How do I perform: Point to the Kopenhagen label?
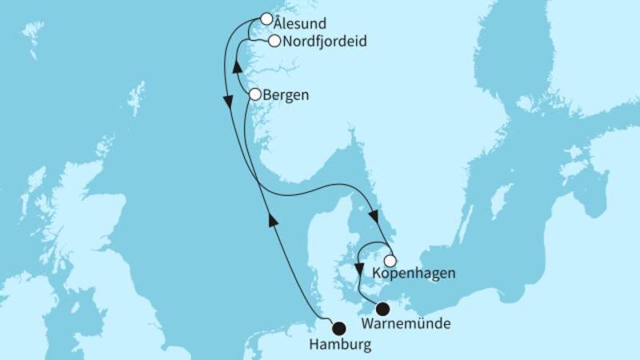point(414,274)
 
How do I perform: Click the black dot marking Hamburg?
point(338,326)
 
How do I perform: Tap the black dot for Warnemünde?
point(382,309)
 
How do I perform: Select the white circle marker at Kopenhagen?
point(390,260)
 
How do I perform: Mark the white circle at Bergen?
point(254,94)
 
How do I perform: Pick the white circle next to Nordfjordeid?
point(274,41)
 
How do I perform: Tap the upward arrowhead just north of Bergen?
point(238,70)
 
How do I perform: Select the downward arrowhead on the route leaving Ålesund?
point(228,102)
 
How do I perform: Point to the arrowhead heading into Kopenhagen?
point(374,216)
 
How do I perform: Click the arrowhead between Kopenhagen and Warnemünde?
point(358,269)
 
